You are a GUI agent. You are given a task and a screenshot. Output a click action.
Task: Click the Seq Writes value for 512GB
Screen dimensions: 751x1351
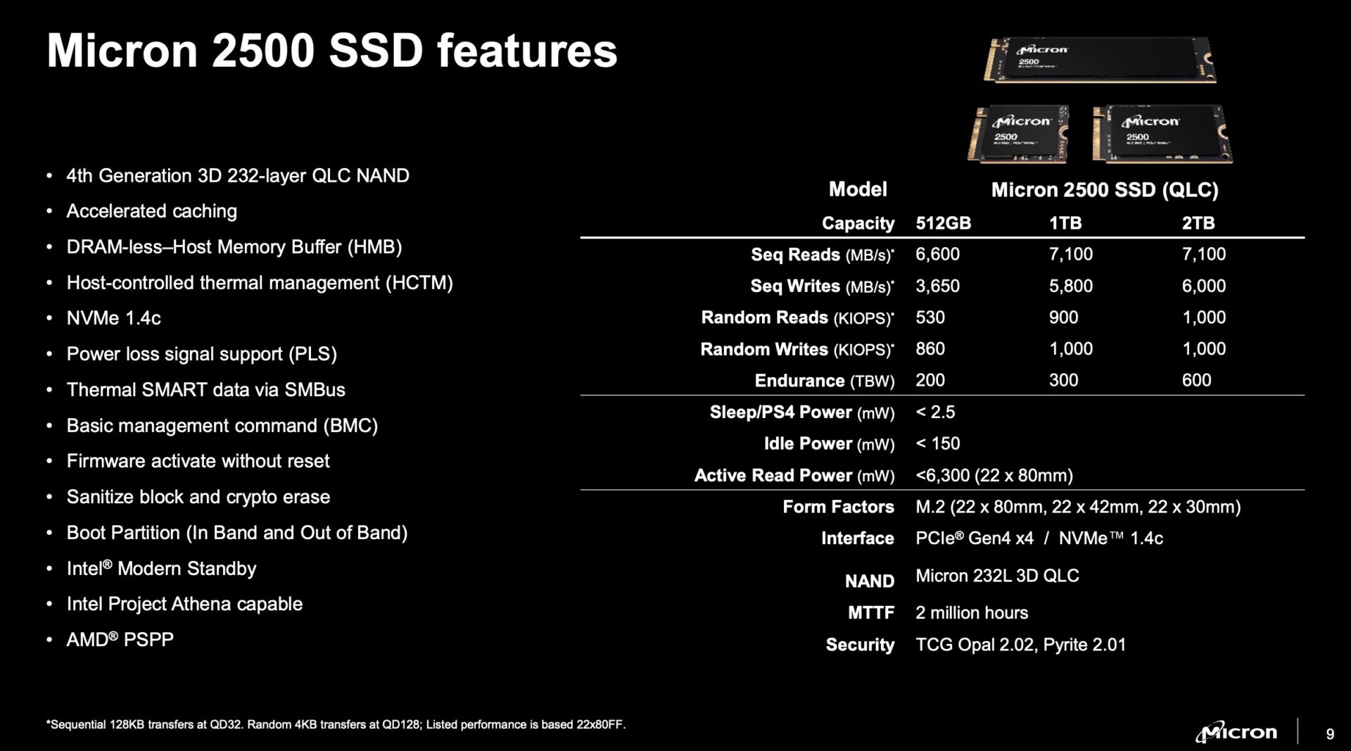click(937, 286)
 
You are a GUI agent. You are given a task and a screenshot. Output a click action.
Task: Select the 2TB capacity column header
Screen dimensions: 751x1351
click(1198, 223)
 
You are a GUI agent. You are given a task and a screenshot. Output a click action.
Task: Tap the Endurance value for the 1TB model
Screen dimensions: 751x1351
click(1063, 380)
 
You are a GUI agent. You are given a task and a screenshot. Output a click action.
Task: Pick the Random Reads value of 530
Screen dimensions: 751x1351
click(930, 317)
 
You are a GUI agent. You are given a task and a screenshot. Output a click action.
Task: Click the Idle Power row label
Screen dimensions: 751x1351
click(829, 443)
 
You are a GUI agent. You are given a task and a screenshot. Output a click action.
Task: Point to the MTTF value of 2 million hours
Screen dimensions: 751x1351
click(971, 612)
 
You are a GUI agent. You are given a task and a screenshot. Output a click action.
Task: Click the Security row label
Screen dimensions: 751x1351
click(859, 645)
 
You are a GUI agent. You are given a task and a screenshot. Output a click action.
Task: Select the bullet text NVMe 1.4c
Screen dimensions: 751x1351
click(113, 318)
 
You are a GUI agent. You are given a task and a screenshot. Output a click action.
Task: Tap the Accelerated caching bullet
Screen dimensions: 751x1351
click(151, 211)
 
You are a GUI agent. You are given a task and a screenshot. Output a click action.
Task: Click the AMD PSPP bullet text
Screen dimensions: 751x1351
click(120, 640)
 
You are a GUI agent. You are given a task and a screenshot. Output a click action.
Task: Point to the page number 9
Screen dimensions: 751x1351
click(1329, 734)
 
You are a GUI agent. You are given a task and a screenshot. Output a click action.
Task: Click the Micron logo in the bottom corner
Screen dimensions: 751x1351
click(1236, 732)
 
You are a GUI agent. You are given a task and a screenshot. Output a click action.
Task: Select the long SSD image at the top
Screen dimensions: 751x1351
click(1100, 60)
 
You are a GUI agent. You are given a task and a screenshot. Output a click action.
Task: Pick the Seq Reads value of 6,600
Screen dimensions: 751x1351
click(937, 254)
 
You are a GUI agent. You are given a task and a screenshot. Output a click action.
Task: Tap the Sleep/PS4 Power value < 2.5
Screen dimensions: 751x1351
click(935, 412)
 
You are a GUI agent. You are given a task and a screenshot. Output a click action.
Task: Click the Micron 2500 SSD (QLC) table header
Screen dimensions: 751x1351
click(1104, 189)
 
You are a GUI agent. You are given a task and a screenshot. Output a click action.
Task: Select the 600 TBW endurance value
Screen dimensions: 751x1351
click(1196, 380)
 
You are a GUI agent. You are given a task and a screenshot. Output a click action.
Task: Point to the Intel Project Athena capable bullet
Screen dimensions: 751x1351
click(184, 604)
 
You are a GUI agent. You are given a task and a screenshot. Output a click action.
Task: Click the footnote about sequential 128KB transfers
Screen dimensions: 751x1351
click(336, 724)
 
